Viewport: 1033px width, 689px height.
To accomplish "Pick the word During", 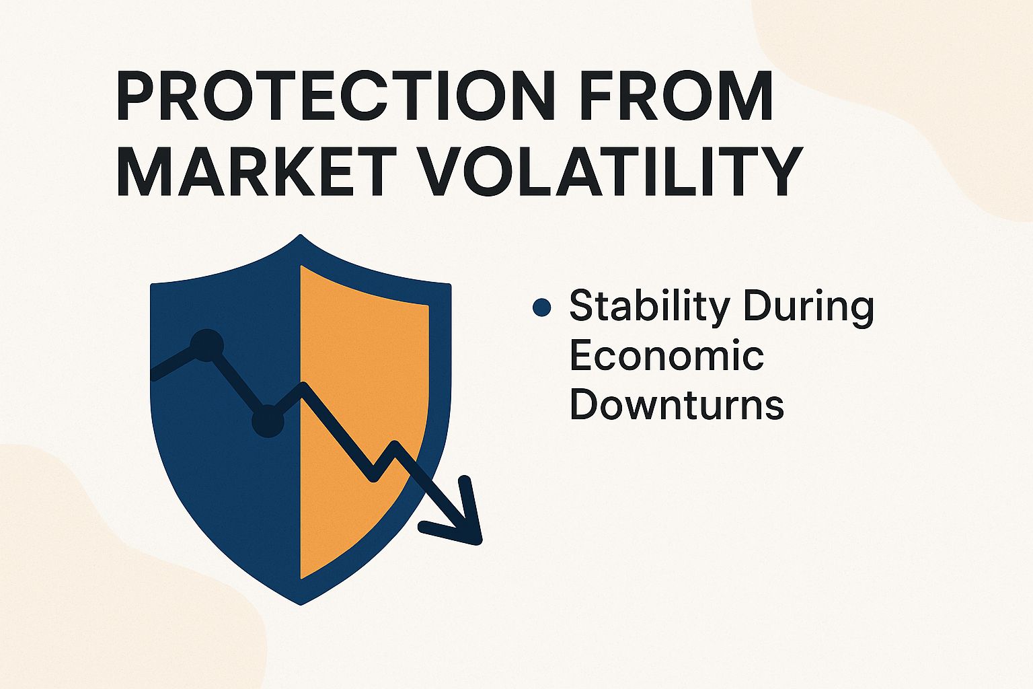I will (808, 306).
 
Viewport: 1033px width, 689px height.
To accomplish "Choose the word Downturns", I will (677, 405).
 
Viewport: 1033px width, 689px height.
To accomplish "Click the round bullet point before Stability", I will (541, 308).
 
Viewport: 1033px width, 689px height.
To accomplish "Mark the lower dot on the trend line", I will (268, 421).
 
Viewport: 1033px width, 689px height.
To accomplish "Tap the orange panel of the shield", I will (363, 377).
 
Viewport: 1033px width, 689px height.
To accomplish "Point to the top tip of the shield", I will (301, 236).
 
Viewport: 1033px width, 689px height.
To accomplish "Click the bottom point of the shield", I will (301, 602).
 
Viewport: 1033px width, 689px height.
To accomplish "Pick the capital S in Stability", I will (582, 306).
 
